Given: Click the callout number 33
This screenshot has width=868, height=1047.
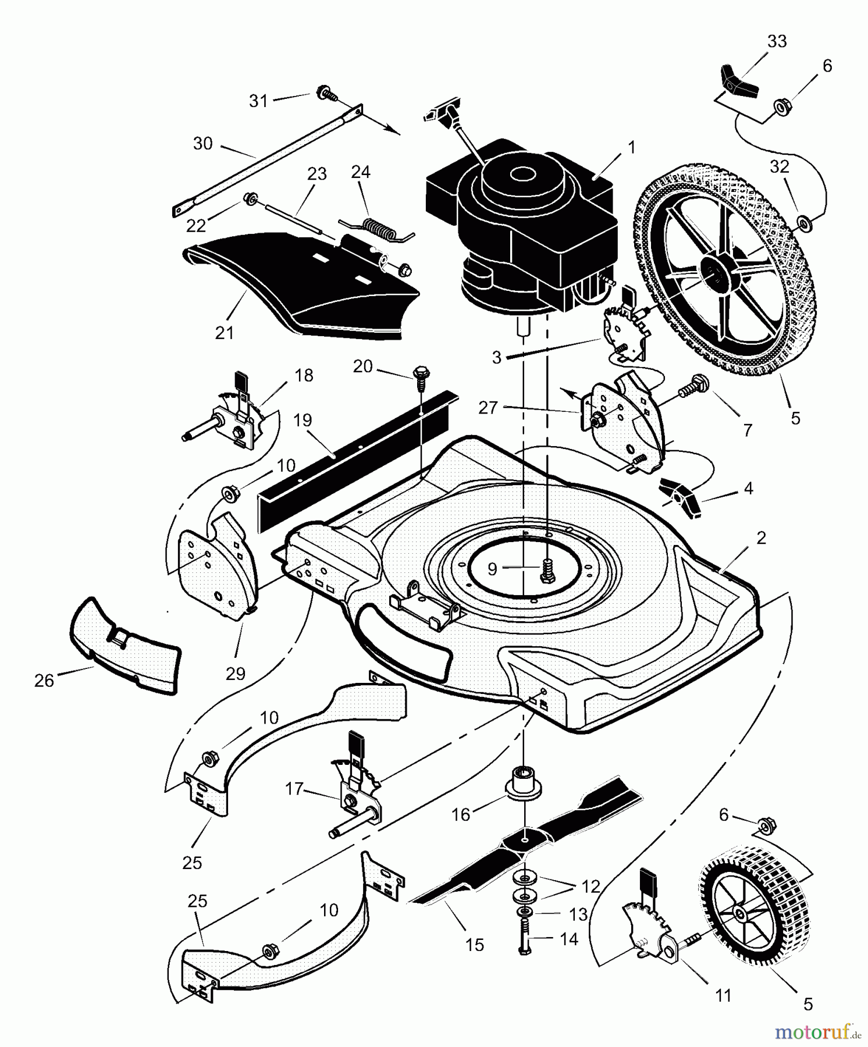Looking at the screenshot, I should pos(777,41).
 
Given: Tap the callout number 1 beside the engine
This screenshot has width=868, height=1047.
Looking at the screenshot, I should pos(632,147).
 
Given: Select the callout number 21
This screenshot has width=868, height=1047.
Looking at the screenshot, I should pos(224,333).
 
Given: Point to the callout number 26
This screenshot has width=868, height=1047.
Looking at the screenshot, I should pos(44,680).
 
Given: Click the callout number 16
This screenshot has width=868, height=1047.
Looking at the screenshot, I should pos(461,814).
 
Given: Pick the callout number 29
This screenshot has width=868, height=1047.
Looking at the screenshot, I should pos(235,674).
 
